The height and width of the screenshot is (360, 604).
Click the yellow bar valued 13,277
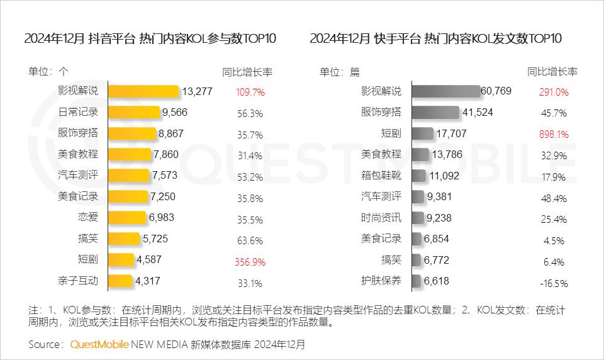[x=143, y=91]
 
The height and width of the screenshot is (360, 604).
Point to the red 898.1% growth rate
[x=554, y=135]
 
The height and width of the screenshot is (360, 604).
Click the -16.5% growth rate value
[x=554, y=283]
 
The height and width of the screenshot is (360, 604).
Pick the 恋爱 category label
[x=89, y=218]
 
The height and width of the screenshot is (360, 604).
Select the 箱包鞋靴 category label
[x=381, y=176]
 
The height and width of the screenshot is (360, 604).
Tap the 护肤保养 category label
[x=381, y=281]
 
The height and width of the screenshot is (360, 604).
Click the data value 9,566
[x=174, y=113]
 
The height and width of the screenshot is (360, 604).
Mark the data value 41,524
[x=477, y=113]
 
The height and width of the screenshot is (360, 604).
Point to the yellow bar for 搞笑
[x=124, y=239]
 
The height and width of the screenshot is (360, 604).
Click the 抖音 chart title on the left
[x=150, y=38]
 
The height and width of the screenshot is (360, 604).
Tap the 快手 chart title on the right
[x=435, y=38]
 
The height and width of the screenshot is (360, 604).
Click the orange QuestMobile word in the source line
[x=99, y=344]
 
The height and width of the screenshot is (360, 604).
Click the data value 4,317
[x=148, y=281]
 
